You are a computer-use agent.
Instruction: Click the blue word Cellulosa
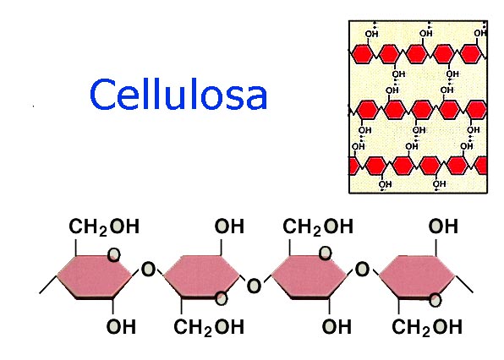[178, 94]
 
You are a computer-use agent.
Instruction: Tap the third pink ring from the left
[309, 275]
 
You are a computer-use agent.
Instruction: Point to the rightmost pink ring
[417, 275]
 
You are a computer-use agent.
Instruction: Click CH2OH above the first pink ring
[104, 226]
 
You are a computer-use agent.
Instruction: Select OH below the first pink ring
[121, 326]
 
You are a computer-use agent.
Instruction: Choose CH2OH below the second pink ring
[211, 326]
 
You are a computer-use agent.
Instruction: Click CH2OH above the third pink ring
[318, 226]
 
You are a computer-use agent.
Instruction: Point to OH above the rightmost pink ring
[443, 226]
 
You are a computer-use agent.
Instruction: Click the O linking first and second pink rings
[148, 270]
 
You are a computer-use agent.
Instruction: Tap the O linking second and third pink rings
[254, 286]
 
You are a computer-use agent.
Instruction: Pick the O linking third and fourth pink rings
[362, 270]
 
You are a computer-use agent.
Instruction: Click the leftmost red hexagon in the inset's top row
[362, 54]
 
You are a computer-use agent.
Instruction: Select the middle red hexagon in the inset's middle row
[419, 108]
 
